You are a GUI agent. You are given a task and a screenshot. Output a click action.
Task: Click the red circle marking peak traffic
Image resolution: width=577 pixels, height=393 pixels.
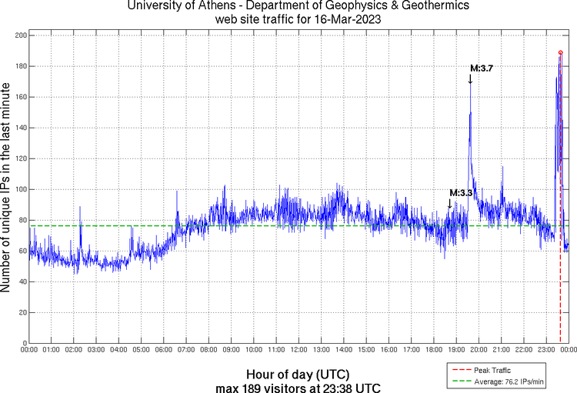[560, 52]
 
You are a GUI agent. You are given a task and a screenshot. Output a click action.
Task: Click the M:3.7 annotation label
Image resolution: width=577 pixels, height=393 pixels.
[482, 68]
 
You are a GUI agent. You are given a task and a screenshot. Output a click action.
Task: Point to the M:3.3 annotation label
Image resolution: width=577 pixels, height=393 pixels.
[461, 192]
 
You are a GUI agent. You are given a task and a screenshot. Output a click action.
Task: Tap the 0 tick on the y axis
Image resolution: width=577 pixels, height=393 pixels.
[23, 343]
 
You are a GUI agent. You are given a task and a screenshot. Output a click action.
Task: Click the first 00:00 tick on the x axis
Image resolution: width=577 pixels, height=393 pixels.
[29, 350]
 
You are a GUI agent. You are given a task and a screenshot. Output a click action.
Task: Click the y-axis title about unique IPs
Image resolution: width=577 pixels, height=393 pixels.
[7, 188]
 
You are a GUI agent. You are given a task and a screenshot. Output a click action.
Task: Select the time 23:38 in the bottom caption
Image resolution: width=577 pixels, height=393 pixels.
[332, 386]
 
